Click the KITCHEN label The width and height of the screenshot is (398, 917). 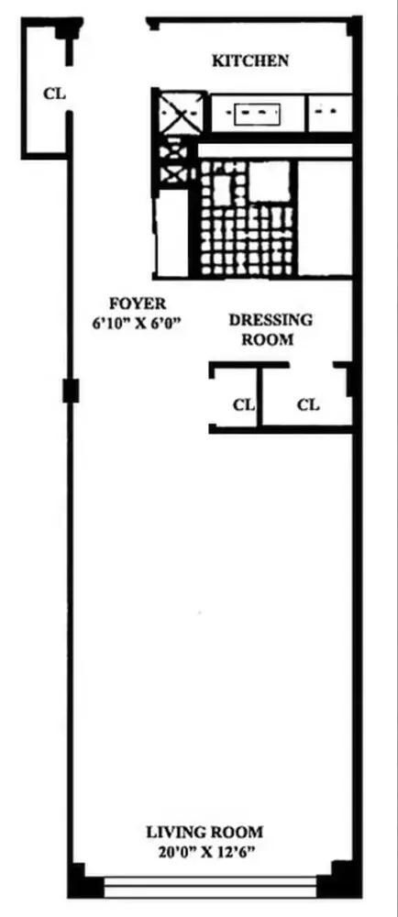(x=250, y=61)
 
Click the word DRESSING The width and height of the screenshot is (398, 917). (x=270, y=320)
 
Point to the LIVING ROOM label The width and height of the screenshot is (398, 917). (x=205, y=833)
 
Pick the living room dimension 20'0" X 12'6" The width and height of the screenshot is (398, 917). (x=205, y=851)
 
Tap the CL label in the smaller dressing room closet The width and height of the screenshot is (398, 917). (x=242, y=403)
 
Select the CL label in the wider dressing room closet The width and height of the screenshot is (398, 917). (x=308, y=403)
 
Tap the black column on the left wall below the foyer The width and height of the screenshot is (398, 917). (x=70, y=391)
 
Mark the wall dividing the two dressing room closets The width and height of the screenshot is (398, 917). (x=260, y=396)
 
